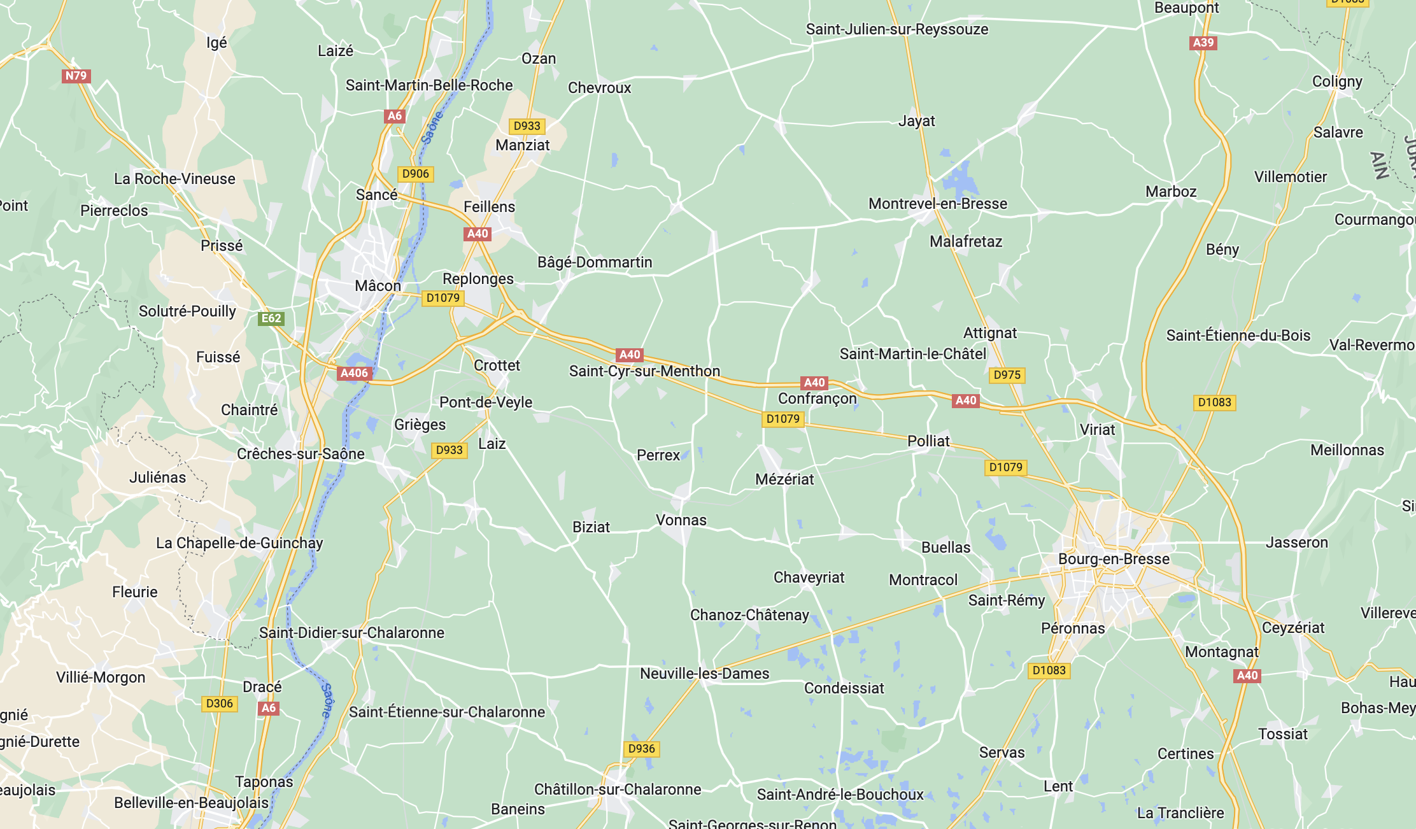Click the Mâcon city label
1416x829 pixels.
pyautogui.click(x=378, y=286)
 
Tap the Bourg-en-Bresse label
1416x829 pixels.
pyautogui.click(x=1114, y=559)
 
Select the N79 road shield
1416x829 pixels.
pyautogui.click(x=76, y=76)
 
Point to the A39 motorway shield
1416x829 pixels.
pyautogui.click(x=1203, y=43)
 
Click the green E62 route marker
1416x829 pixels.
pyautogui.click(x=271, y=318)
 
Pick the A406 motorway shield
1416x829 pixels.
pyautogui.click(x=354, y=373)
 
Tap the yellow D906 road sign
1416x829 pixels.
pyautogui.click(x=416, y=174)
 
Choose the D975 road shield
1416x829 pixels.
pyautogui.click(x=1007, y=375)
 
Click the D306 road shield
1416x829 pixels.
pyautogui.click(x=220, y=704)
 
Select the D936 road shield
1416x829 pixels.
pyautogui.click(x=641, y=749)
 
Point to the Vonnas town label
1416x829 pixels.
pyautogui.click(x=681, y=520)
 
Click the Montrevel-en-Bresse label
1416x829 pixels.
pyautogui.click(x=938, y=204)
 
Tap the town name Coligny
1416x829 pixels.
pyautogui.click(x=1337, y=81)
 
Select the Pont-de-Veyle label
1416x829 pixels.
pyautogui.click(x=486, y=402)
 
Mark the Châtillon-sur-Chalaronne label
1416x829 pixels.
pyautogui.click(x=618, y=790)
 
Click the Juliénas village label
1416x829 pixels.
pyautogui.click(x=158, y=478)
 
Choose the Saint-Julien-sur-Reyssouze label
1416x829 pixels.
pyautogui.click(x=897, y=29)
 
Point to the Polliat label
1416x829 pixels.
pyautogui.click(x=928, y=441)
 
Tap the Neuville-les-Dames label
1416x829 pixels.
pyautogui.click(x=704, y=674)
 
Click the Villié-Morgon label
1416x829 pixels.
pyautogui.click(x=101, y=677)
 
